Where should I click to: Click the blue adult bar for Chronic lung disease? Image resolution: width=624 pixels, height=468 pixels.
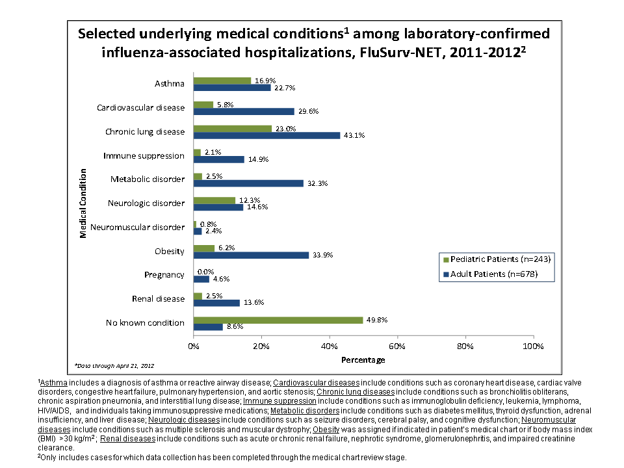point(266,135)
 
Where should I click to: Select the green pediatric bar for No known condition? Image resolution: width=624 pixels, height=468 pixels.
point(278,320)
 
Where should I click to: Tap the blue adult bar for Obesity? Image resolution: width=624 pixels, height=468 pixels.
point(251,255)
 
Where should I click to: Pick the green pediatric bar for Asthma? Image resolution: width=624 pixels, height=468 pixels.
point(222,81)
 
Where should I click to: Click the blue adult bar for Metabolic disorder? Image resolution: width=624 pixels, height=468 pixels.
point(248,183)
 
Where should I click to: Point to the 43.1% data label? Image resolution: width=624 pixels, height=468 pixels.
point(354,135)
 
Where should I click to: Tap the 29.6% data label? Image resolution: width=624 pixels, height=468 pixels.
point(308,111)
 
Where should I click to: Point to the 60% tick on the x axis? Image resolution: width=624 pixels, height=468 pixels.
point(397,346)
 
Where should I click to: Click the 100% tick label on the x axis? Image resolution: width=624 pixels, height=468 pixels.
point(532,346)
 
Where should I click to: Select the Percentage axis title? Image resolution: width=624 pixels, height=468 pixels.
point(363,359)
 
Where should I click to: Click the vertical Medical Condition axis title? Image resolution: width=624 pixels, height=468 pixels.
point(83,203)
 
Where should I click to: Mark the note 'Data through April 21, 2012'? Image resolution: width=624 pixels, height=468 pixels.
point(114,366)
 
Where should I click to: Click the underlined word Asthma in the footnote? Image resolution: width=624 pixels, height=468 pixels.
point(55,383)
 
